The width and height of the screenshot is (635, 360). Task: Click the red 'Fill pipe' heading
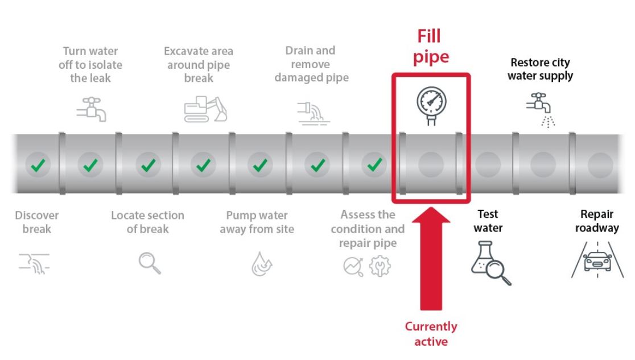431,47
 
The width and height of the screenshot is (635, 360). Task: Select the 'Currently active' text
431,334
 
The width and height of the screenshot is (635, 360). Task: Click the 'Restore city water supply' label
540,69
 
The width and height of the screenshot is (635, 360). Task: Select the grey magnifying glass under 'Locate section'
149,262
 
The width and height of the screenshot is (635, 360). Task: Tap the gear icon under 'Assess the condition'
380,266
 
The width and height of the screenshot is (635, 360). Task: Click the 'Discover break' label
37,222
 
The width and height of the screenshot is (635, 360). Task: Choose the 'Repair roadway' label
597,221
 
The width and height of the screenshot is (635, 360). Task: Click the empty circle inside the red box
430,165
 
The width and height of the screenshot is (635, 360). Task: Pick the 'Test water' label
488,221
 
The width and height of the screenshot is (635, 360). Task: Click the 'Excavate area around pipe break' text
199,64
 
